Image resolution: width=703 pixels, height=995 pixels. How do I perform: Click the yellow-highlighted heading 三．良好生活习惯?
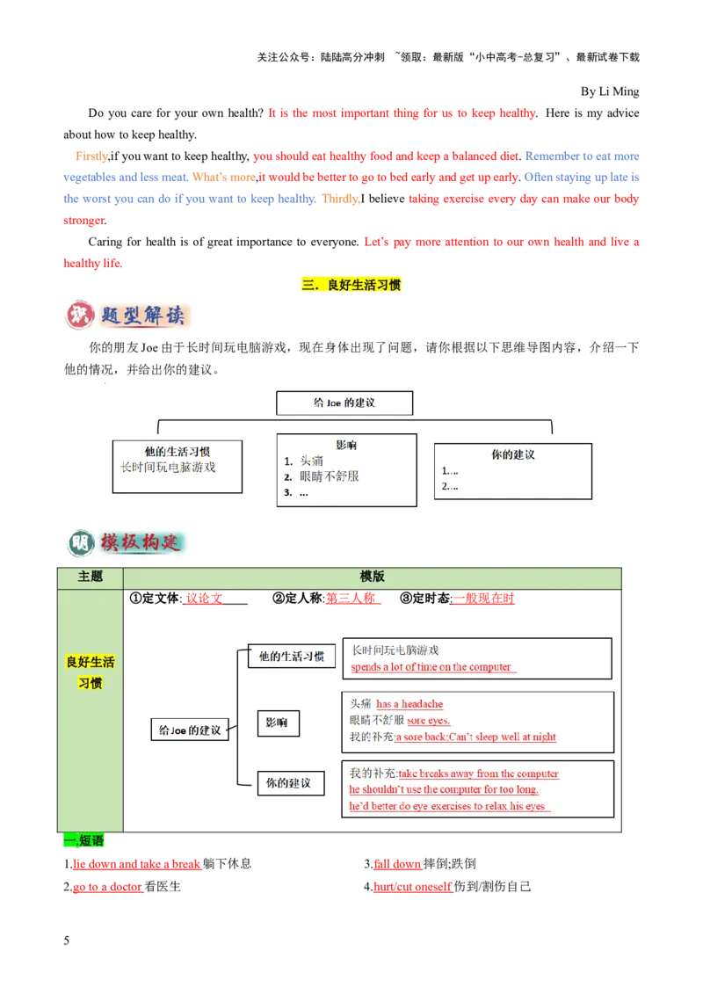(351, 285)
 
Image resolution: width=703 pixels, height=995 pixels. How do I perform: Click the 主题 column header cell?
(91, 577)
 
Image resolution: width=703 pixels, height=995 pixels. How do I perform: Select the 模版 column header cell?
(373, 577)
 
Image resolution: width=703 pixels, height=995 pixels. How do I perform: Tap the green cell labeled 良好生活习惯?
(91, 672)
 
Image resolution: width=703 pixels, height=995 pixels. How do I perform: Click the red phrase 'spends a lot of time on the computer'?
(431, 667)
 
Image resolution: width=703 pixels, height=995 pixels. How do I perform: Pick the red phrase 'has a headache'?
(409, 704)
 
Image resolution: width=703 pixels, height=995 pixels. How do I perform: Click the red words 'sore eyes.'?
(428, 721)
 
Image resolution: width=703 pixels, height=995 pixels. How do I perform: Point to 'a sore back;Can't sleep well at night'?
(475, 737)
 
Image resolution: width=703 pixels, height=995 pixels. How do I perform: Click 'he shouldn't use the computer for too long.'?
(444, 790)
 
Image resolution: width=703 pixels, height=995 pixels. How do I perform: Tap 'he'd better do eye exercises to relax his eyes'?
(447, 806)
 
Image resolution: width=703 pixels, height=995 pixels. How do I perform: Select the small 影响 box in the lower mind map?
(278, 724)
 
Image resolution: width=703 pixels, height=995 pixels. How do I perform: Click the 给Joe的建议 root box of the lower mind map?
(189, 730)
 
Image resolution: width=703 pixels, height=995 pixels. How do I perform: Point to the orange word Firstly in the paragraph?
(91, 156)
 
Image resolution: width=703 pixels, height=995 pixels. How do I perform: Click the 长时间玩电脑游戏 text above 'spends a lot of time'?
(395, 650)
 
